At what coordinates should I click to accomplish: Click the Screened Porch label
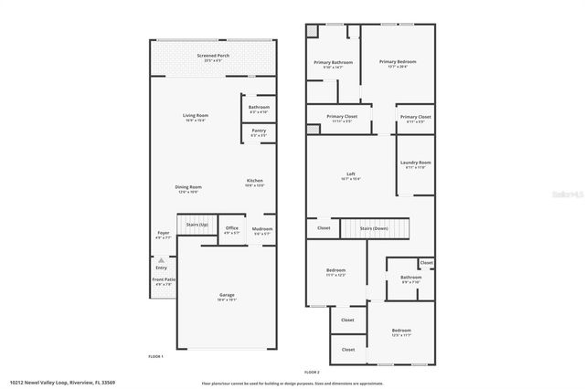(213, 56)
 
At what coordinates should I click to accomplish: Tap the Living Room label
(195, 116)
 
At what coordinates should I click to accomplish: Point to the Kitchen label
(255, 181)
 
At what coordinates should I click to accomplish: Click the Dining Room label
(187, 188)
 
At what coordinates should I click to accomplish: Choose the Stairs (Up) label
(197, 224)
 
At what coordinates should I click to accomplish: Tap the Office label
(232, 228)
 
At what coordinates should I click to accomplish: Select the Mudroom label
(262, 228)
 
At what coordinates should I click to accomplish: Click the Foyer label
(164, 234)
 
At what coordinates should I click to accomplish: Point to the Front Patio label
(164, 280)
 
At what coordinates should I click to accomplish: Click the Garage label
(227, 295)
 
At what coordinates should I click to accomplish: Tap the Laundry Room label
(417, 163)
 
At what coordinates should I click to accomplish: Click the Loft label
(350, 175)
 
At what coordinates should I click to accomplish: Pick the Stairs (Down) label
(374, 228)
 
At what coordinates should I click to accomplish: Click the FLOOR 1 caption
(155, 355)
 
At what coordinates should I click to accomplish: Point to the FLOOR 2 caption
(312, 373)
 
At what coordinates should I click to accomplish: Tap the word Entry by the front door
(161, 267)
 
